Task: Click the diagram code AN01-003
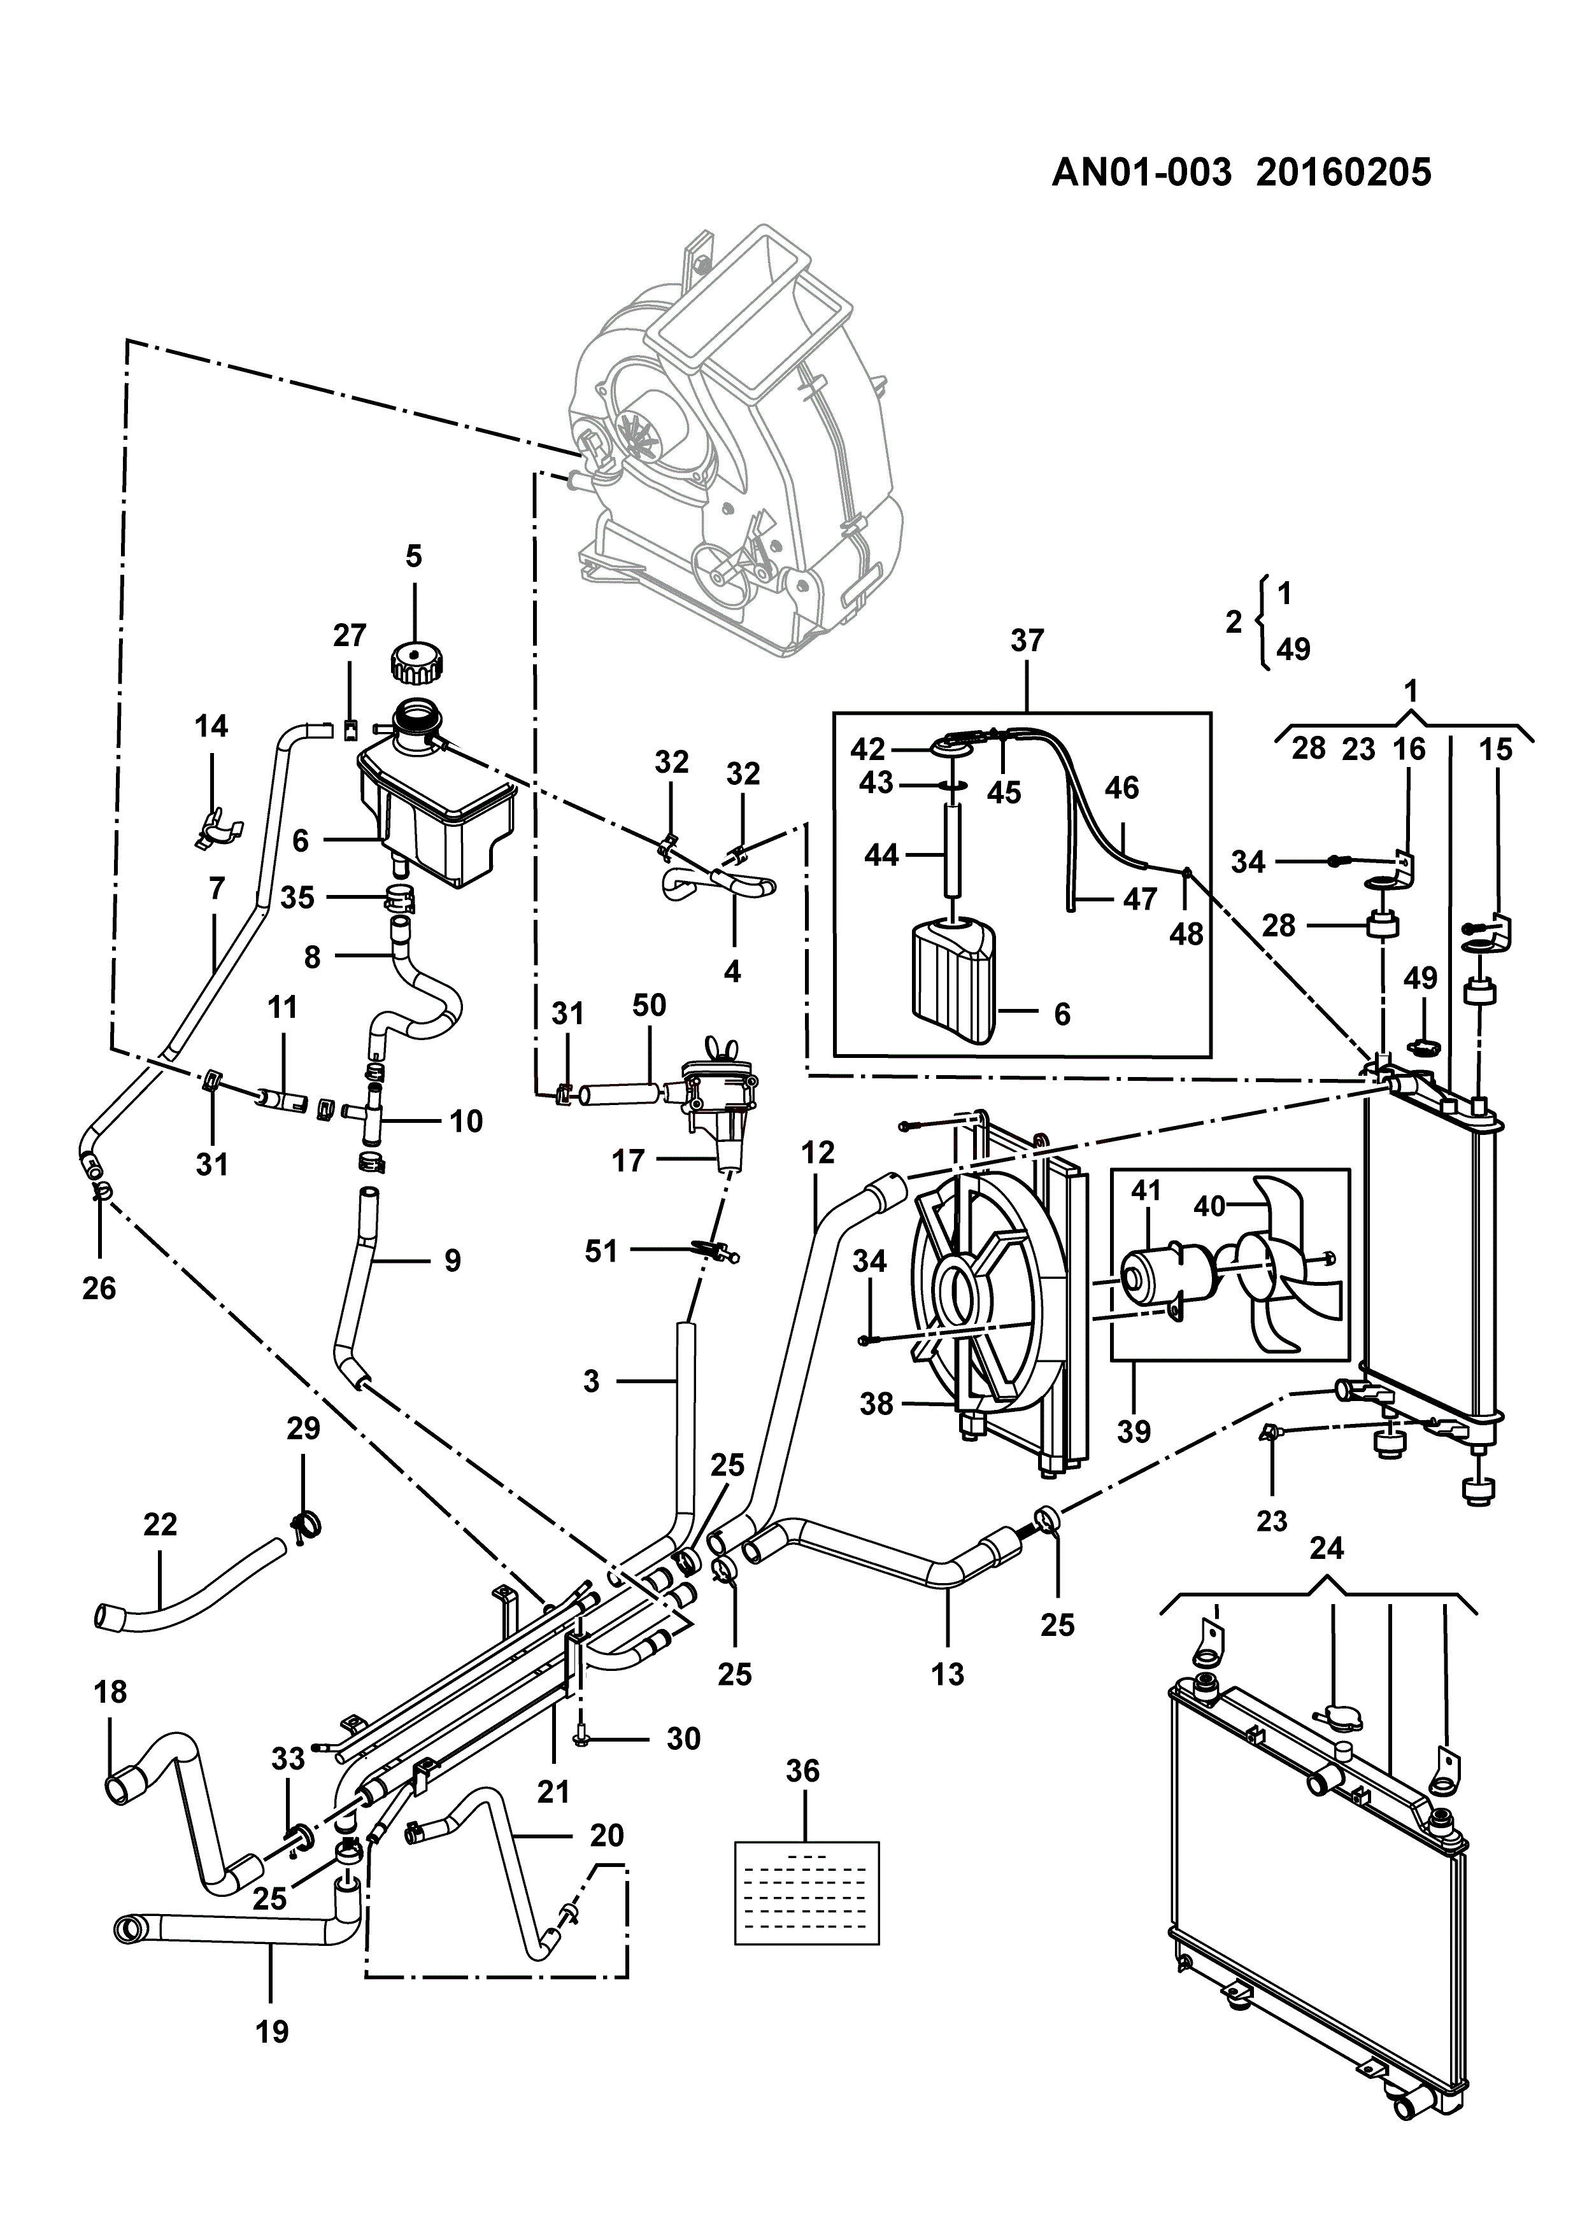tap(1142, 172)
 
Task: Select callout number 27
tap(349, 635)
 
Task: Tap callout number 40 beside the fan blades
tap(1209, 1206)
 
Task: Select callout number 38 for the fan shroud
tap(876, 1404)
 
